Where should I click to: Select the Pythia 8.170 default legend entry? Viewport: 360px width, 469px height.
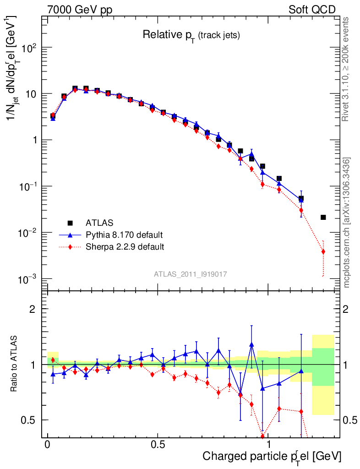click(x=124, y=235)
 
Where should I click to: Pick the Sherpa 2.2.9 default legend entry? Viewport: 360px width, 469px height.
click(x=125, y=247)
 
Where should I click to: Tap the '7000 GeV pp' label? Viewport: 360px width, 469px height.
click(x=80, y=10)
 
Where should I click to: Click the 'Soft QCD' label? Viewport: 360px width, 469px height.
click(x=312, y=10)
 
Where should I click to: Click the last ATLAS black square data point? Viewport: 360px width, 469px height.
click(x=323, y=217)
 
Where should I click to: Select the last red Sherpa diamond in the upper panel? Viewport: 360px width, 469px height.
click(x=323, y=251)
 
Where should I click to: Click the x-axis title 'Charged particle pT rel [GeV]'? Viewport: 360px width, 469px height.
click(x=272, y=456)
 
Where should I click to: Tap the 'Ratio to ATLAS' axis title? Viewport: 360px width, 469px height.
click(x=14, y=364)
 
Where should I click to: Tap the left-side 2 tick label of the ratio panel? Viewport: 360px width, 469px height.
click(x=33, y=309)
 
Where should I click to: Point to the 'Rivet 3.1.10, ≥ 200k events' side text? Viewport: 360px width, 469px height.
click(x=346, y=69)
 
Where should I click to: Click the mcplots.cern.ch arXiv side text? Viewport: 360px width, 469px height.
click(x=347, y=222)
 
